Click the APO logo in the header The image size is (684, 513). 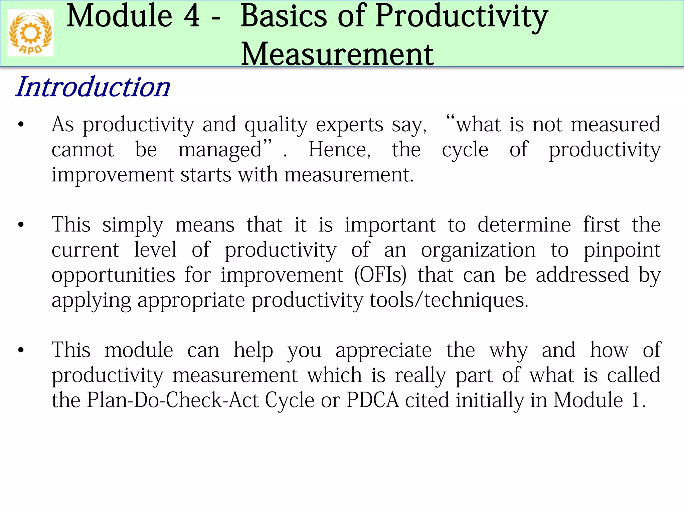pyautogui.click(x=30, y=33)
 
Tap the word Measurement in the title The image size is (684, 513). pyautogui.click(x=337, y=54)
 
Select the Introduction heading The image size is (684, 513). pyautogui.click(x=93, y=87)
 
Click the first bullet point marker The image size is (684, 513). pyautogui.click(x=21, y=125)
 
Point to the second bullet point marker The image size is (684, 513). pyautogui.click(x=21, y=225)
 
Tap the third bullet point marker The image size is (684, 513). pyautogui.click(x=21, y=350)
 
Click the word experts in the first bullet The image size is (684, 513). pyautogui.click(x=349, y=125)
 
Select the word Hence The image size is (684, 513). pyautogui.click(x=339, y=149)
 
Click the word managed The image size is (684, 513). pyautogui.click(x=220, y=150)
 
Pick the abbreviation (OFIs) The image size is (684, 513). pyautogui.click(x=380, y=275)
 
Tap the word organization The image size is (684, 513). pyautogui.click(x=478, y=250)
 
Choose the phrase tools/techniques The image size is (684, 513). pyautogui.click(x=449, y=300)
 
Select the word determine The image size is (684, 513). pyautogui.click(x=524, y=224)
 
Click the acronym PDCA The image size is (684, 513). pyautogui.click(x=372, y=400)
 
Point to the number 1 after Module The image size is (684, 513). pyautogui.click(x=635, y=400)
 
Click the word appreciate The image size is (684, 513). pyautogui.click(x=383, y=350)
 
